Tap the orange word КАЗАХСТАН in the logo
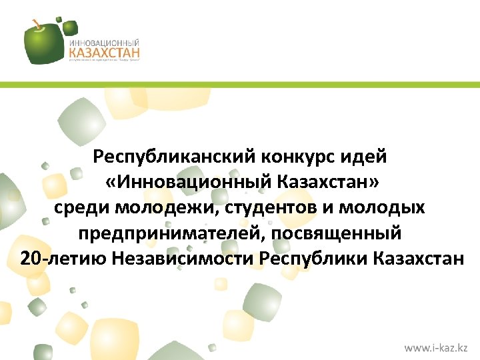pyautogui.click(x=103, y=51)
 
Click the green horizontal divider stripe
pyautogui.click(x=240, y=85)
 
